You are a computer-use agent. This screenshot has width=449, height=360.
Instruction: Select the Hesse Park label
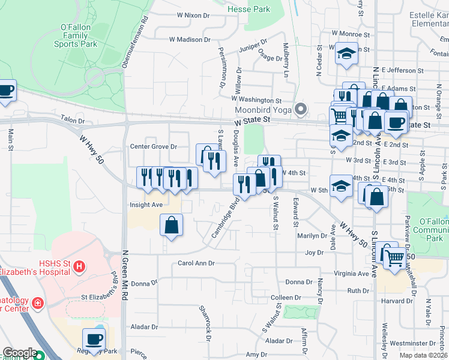[x=249, y=10]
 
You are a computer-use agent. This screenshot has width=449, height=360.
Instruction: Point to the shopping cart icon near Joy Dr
[x=394, y=258]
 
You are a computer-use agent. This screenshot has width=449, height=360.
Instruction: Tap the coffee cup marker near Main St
[x=5, y=91]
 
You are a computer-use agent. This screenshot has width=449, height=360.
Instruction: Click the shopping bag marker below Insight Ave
[x=171, y=226]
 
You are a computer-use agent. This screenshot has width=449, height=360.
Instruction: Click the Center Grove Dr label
[x=154, y=146]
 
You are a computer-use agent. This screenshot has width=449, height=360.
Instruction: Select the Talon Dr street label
[x=73, y=121]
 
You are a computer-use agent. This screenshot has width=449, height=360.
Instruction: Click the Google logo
[x=20, y=353]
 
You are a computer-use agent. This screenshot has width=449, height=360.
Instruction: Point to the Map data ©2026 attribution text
[x=423, y=355]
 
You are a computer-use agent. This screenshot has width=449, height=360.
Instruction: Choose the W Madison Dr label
[x=190, y=40]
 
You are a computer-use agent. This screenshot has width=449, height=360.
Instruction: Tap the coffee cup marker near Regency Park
[x=94, y=339]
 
